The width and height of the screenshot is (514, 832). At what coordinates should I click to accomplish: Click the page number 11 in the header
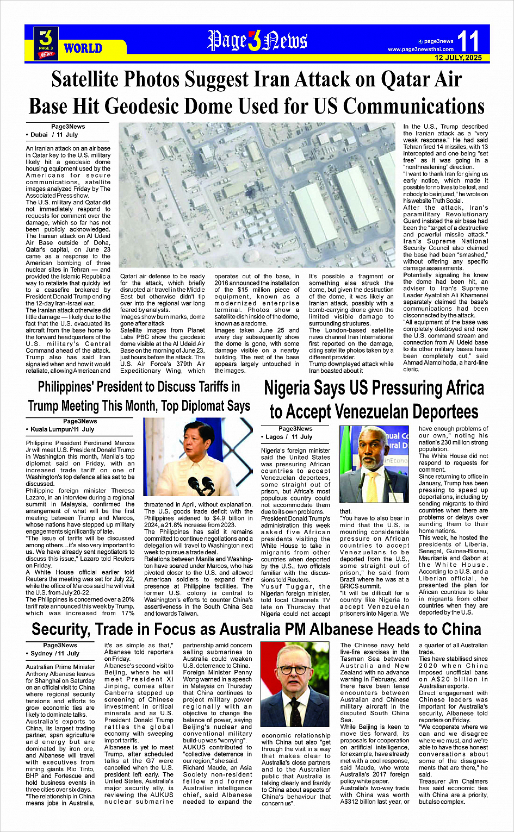pos(468,41)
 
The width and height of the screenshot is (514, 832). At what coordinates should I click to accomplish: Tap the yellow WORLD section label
pos(83,48)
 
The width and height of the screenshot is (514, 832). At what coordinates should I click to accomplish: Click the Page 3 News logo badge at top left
pos(46,43)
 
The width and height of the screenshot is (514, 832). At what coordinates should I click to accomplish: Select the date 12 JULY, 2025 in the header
pos(458,58)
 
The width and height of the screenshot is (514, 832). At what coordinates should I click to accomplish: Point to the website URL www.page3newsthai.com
pos(420,49)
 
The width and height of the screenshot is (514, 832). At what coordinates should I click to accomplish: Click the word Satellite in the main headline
pos(85,80)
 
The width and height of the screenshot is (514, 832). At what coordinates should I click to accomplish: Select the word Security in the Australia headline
pos(59,629)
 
